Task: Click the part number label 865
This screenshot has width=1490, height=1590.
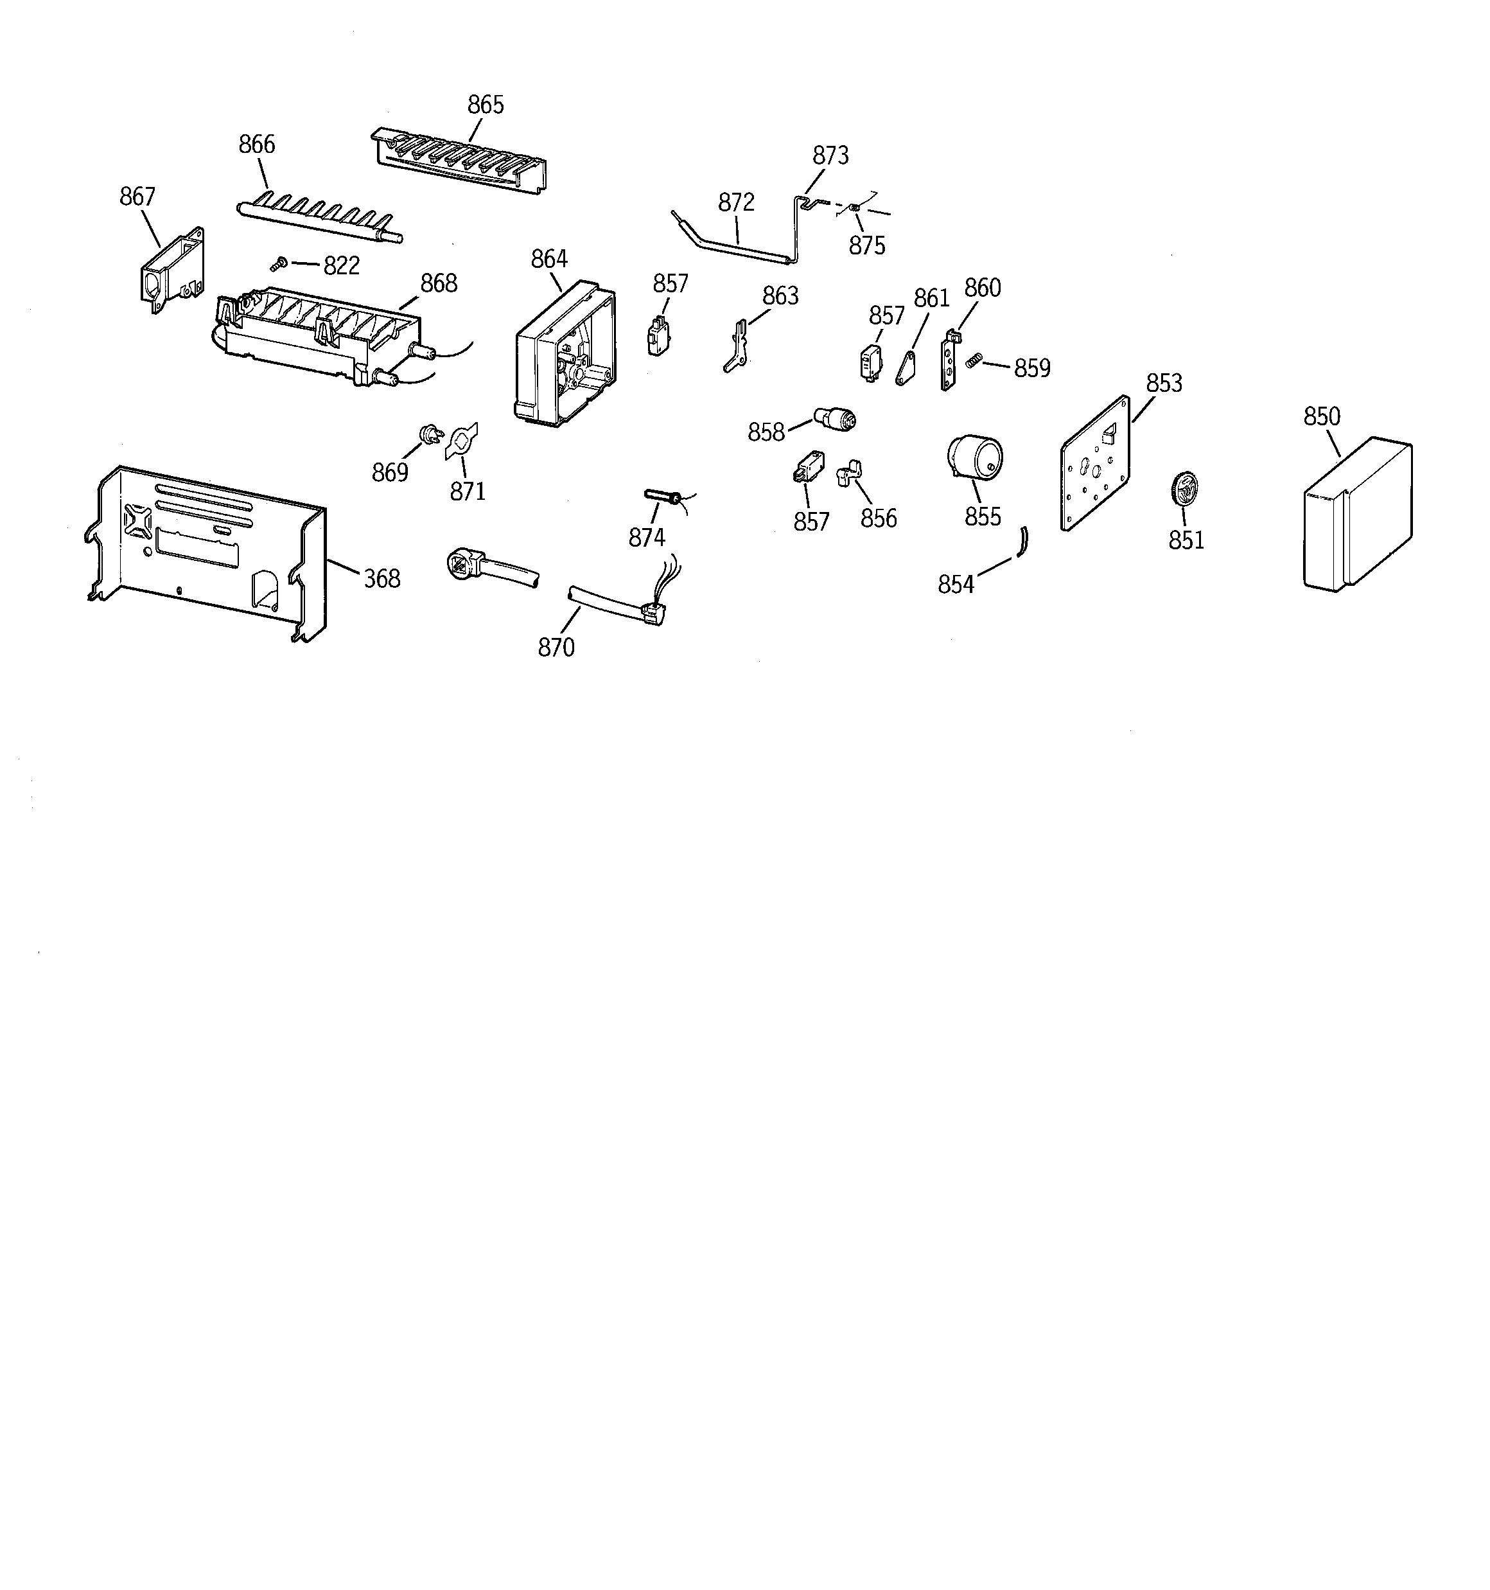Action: pos(486,105)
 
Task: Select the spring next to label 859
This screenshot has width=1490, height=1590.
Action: pos(972,362)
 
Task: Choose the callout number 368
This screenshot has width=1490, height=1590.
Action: pos(381,578)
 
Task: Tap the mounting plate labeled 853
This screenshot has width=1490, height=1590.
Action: pos(1095,463)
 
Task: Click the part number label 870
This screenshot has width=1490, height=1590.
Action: pos(556,647)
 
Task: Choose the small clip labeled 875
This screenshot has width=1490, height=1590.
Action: pos(854,209)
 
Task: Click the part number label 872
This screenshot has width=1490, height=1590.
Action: pos(736,203)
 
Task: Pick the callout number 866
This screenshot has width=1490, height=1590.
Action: pos(257,145)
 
